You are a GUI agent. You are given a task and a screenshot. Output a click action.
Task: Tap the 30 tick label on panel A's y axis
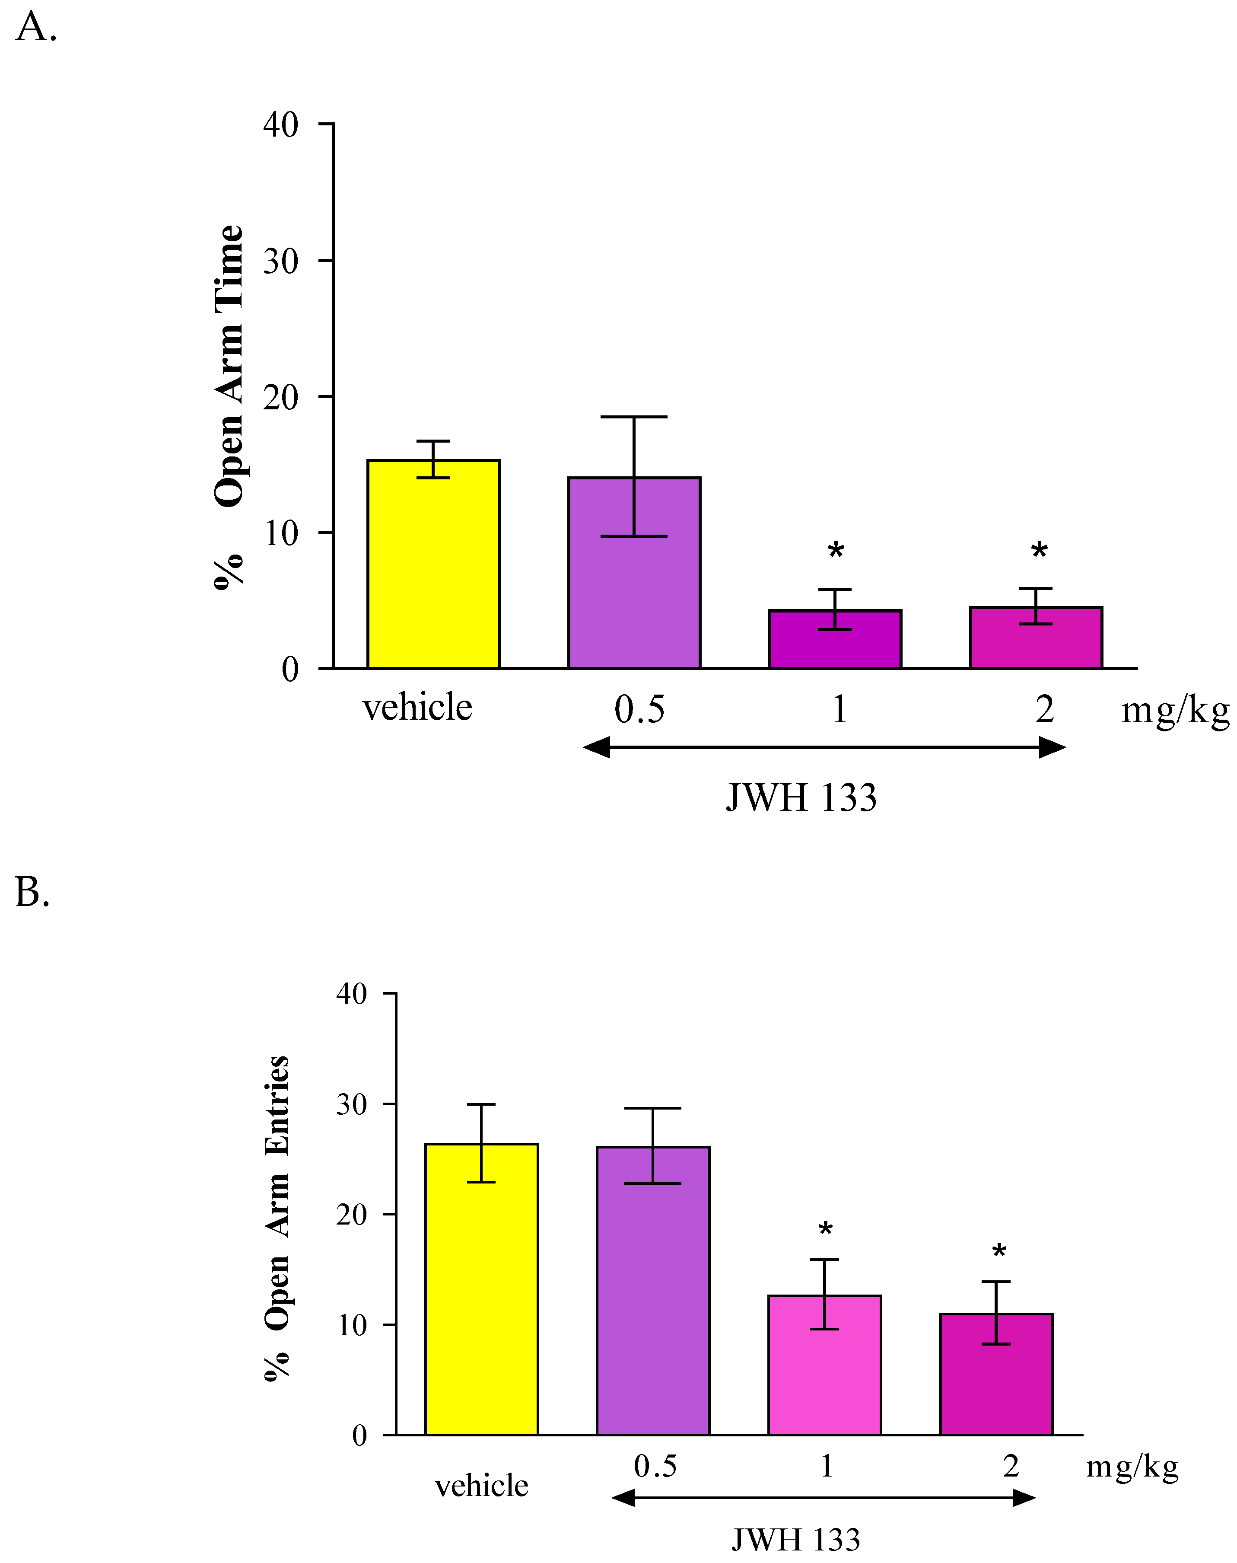pyautogui.click(x=280, y=262)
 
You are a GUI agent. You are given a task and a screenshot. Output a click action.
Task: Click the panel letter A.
pyautogui.click(x=35, y=28)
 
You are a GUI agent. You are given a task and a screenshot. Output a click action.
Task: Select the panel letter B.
pyautogui.click(x=32, y=892)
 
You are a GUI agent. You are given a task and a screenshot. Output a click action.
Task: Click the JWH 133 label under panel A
pyautogui.click(x=801, y=798)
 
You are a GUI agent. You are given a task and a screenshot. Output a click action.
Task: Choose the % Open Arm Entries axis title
pyautogui.click(x=277, y=1217)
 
